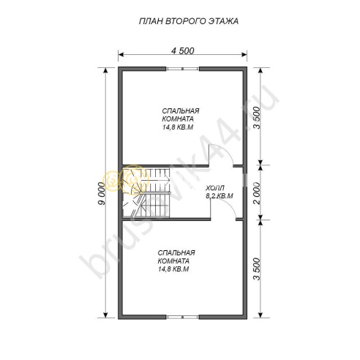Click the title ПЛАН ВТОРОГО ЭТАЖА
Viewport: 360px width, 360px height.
[189, 21]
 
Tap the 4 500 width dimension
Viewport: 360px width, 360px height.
[183, 51]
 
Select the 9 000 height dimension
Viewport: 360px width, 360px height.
[102, 193]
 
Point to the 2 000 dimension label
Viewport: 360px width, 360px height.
[257, 192]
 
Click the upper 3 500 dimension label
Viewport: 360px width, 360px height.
[257, 118]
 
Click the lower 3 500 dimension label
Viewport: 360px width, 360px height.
[257, 269]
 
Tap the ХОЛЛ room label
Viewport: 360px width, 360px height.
[215, 188]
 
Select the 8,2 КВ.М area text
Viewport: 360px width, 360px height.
[220, 196]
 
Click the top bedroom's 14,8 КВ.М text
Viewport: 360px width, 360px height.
[178, 127]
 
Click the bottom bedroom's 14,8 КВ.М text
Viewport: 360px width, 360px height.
[173, 269]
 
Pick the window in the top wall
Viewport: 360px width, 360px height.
[183, 69]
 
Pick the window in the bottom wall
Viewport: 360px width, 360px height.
[183, 317]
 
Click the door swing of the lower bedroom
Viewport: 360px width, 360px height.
[227, 205]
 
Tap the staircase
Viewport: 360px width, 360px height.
[146, 192]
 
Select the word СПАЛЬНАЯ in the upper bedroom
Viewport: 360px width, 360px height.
[181, 111]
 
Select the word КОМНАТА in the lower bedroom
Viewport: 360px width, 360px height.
[173, 260]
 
